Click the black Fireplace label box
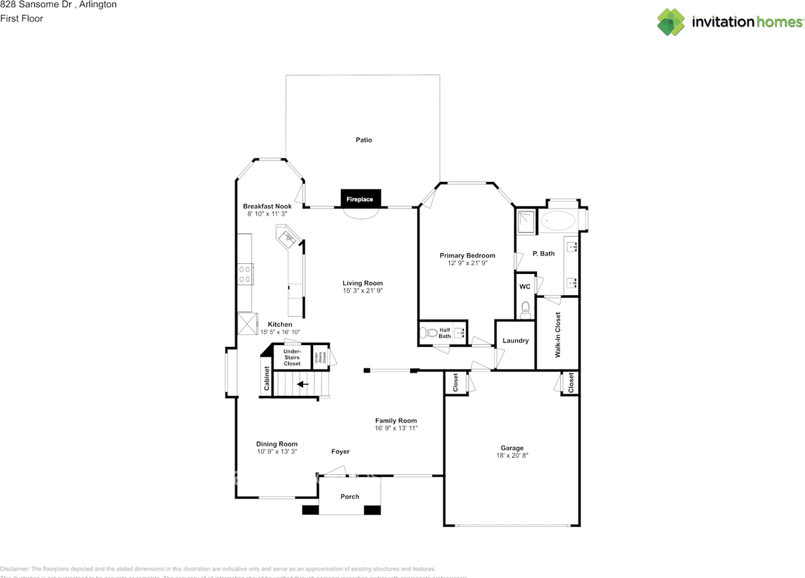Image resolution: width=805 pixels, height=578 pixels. tap(360, 199)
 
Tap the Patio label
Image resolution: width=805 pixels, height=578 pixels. tap(364, 140)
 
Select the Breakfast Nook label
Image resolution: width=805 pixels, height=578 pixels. tap(267, 207)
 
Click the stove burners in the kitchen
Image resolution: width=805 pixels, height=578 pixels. tap(245, 274)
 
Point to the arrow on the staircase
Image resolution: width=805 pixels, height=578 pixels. tap(303, 383)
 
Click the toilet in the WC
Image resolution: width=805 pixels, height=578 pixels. tap(526, 309)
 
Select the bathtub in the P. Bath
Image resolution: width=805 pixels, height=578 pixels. tap(558, 221)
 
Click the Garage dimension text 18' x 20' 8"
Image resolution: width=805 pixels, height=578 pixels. tap(512, 455)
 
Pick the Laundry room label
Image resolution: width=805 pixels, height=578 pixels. tap(516, 341)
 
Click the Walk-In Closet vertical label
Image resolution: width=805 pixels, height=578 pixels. tap(557, 335)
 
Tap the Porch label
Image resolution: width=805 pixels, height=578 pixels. tap(350, 496)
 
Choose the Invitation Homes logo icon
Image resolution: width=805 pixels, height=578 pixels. tap(671, 22)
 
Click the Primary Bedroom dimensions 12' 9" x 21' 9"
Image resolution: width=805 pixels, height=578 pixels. tap(467, 263)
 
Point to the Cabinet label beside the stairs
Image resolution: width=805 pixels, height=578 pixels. tap(267, 378)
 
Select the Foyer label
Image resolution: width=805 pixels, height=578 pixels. tap(340, 451)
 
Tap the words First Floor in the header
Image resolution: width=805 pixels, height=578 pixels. tap(22, 18)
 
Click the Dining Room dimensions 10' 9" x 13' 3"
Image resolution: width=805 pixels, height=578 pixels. tap(277, 451)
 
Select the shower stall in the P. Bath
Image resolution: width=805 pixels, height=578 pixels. tap(525, 220)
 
